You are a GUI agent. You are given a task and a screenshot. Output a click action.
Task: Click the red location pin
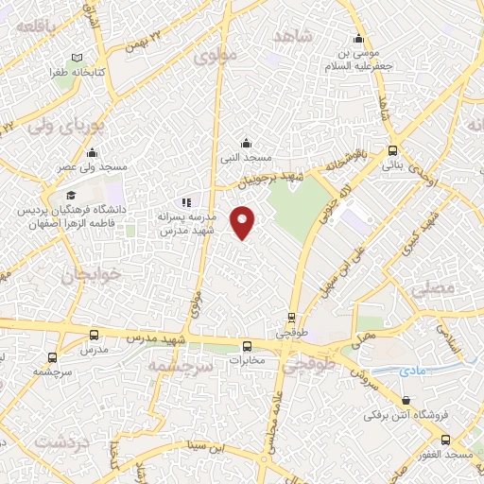tap(244, 222)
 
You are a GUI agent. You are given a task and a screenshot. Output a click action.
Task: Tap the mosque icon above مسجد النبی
tap(247, 143)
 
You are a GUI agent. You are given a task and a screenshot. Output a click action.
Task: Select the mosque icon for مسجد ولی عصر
tap(92, 153)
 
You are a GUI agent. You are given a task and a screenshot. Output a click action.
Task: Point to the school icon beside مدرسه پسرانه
tap(186, 202)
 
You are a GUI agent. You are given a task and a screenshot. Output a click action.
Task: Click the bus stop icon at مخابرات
tap(247, 346)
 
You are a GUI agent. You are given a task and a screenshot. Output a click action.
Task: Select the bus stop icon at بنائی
tap(392, 150)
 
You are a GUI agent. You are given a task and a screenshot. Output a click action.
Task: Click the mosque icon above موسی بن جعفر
tap(358, 40)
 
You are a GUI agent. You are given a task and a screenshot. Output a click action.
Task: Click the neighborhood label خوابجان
tap(79, 276)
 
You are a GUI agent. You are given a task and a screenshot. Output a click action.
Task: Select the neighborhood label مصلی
tap(435, 286)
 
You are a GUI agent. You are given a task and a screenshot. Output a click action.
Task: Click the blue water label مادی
tap(412, 371)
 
